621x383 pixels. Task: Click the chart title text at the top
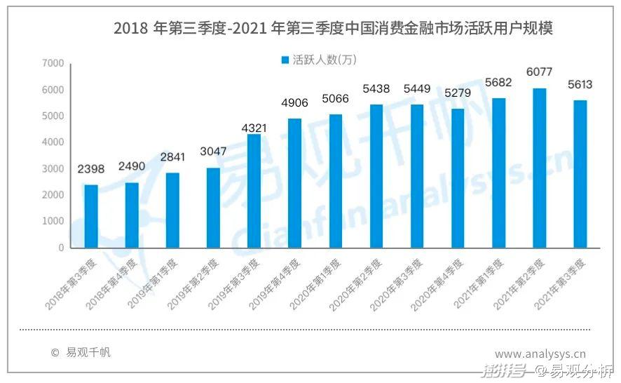click(334, 29)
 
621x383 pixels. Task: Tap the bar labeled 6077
click(540, 168)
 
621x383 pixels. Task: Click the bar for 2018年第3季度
click(91, 216)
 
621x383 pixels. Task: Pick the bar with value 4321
click(254, 191)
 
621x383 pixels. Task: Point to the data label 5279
click(458, 93)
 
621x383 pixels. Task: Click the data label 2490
click(132, 166)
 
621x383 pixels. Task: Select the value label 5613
click(580, 85)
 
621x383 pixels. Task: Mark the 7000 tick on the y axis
click(53, 64)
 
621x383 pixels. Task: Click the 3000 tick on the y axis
click(53, 169)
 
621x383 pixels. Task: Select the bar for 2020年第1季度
click(336, 181)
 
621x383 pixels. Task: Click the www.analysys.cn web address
click(540, 354)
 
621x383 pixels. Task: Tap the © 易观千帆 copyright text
click(81, 353)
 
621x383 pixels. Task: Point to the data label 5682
click(499, 82)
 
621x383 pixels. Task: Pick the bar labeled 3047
click(213, 208)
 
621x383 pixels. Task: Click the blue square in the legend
click(285, 60)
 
